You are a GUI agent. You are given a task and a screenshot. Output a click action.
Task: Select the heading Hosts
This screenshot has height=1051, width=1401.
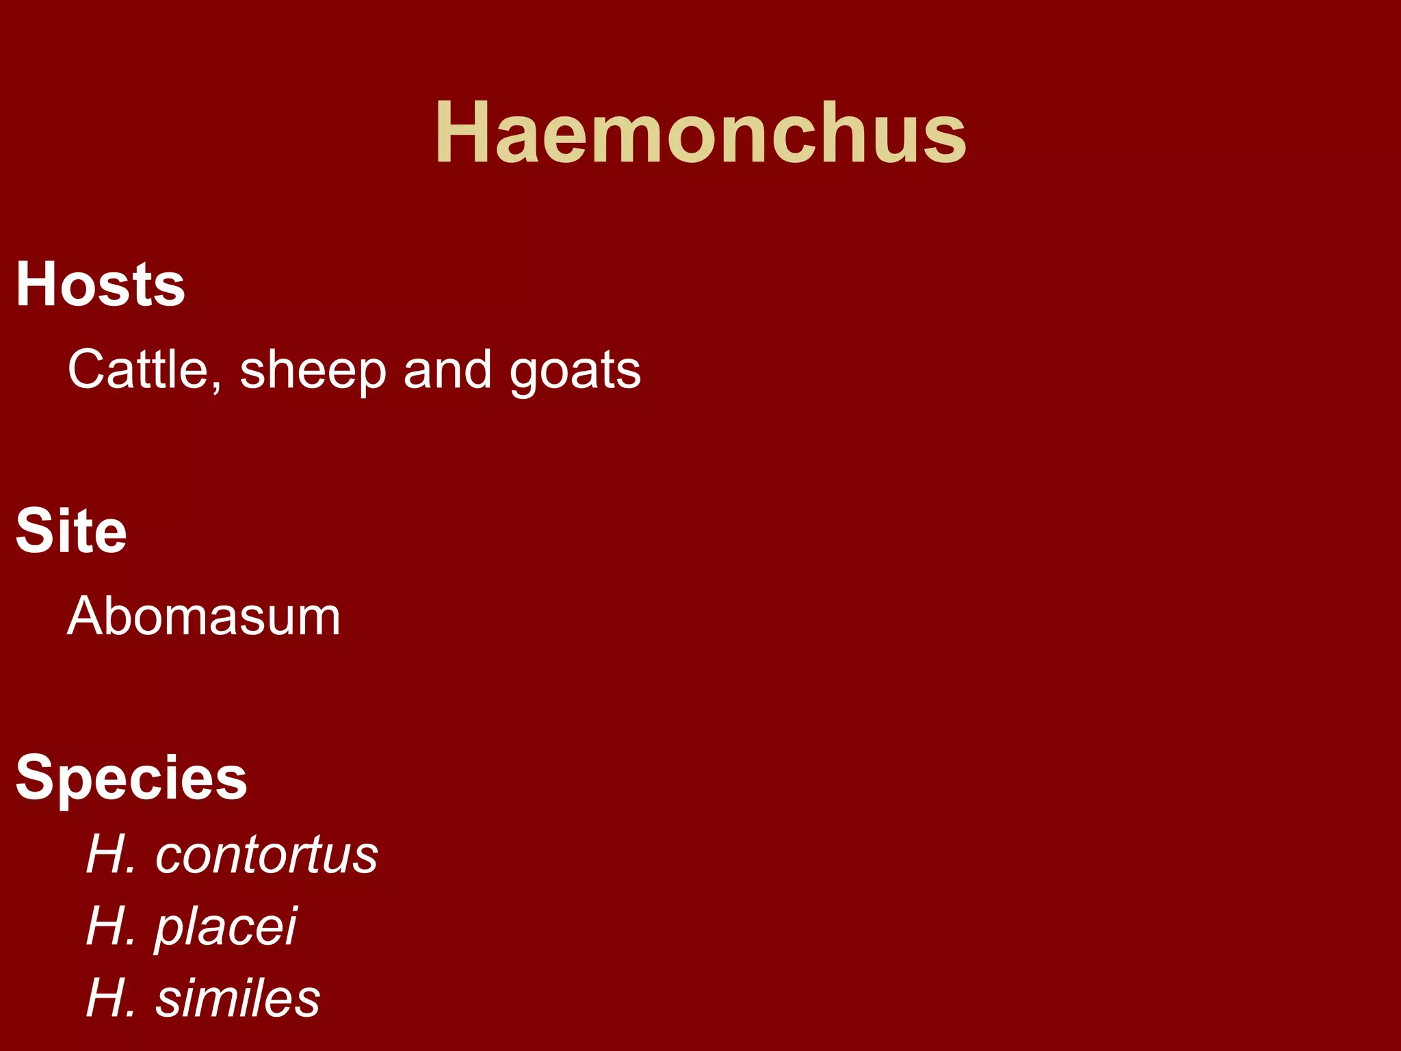point(101,284)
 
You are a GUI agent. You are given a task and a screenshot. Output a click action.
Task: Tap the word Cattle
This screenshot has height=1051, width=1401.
point(138,369)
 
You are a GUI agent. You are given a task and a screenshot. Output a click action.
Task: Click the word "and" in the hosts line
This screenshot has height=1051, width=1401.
point(447,369)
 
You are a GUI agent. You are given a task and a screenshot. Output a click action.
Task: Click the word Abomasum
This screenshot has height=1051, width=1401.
point(204,617)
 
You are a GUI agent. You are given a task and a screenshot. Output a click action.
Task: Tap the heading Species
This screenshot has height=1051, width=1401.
point(131,779)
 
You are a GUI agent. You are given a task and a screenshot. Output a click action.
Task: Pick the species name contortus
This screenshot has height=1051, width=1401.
point(266,855)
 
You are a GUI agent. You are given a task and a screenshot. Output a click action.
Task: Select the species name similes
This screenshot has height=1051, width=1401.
point(237,998)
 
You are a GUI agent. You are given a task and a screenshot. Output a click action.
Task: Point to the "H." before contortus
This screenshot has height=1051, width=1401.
point(110,855)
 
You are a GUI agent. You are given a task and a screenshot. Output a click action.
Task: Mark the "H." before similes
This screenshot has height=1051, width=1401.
point(110,998)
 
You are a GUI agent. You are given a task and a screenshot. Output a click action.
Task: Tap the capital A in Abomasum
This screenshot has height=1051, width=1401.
point(86,617)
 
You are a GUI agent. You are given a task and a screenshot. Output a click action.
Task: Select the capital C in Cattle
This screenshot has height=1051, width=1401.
point(87,369)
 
